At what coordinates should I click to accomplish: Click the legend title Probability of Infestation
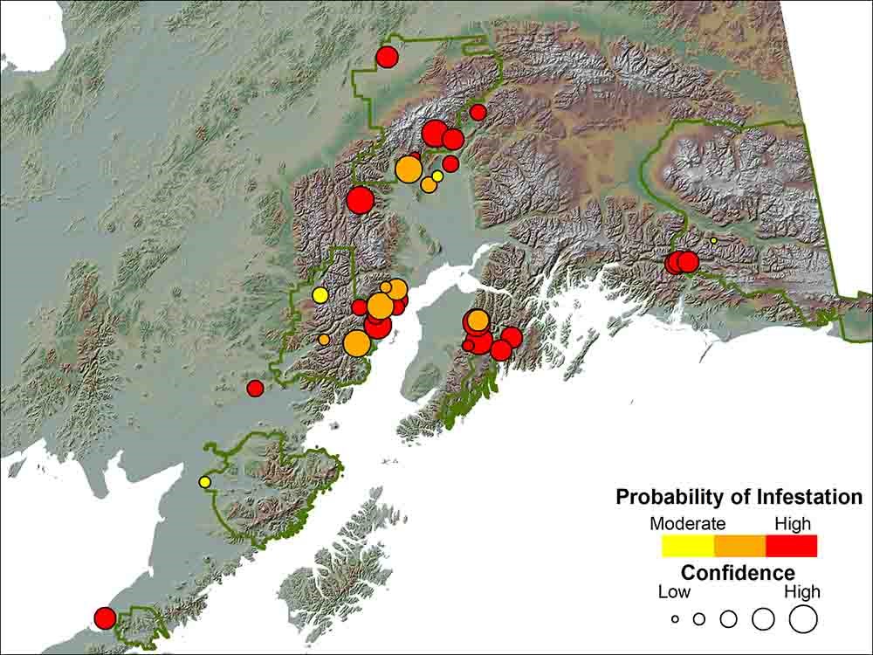(x=739, y=497)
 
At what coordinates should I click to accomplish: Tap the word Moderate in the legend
(x=688, y=524)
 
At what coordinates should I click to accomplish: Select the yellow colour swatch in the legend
(x=688, y=546)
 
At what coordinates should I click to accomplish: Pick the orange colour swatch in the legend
(x=739, y=546)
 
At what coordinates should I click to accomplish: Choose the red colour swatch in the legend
(x=791, y=546)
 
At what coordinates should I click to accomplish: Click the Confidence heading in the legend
(x=738, y=573)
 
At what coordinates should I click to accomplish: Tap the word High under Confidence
(x=802, y=592)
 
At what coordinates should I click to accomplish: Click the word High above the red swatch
(x=792, y=524)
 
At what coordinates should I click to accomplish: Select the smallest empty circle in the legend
(x=675, y=619)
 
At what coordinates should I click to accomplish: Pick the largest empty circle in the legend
(x=802, y=619)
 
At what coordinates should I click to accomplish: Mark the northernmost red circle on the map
(x=387, y=58)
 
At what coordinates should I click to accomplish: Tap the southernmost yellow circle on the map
(x=205, y=481)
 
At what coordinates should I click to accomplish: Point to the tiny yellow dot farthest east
(x=713, y=240)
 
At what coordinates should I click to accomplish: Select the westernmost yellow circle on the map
(x=205, y=481)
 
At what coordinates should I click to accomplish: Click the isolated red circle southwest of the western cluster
(x=255, y=388)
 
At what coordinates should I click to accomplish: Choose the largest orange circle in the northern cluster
(x=408, y=169)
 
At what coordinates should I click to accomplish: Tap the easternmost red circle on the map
(x=687, y=261)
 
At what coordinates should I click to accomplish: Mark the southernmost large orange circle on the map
(x=356, y=343)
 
